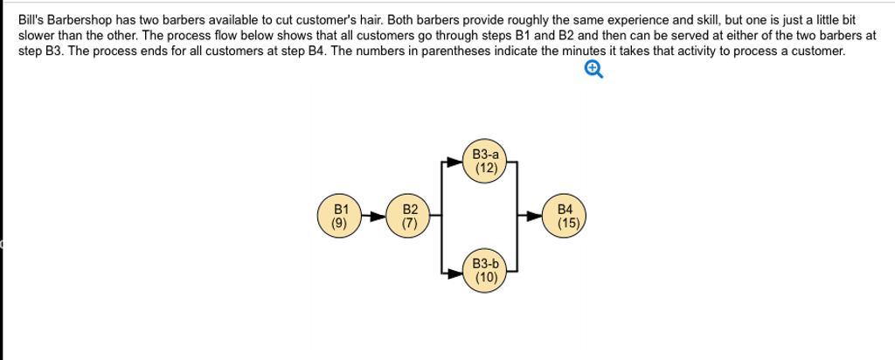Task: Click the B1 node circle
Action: click(340, 216)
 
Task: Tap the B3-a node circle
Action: click(485, 162)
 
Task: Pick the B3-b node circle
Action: click(485, 271)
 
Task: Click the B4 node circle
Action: click(564, 216)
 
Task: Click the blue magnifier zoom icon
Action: click(593, 70)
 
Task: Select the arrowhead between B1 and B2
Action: click(378, 216)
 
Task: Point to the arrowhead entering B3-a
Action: click(454, 162)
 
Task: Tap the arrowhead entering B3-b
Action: click(454, 273)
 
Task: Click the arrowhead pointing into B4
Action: click(534, 216)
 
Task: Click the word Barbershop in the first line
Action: click(79, 21)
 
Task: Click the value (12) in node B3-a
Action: click(486, 169)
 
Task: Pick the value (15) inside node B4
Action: click(568, 223)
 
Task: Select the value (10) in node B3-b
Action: click(486, 278)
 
